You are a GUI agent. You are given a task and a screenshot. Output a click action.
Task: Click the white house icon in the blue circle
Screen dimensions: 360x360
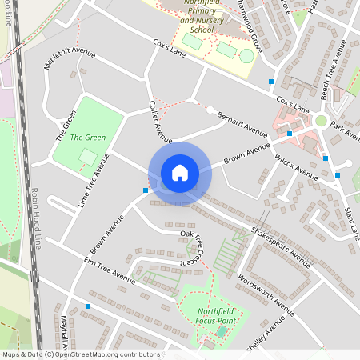pyautogui.click(x=179, y=172)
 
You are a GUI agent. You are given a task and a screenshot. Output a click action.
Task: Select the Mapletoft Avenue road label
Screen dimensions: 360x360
pyautogui.click(x=70, y=65)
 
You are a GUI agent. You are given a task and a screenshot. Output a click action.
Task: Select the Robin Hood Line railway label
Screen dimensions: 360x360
pyautogui.click(x=35, y=218)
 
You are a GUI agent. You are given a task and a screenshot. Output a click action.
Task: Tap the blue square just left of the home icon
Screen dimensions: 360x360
pyautogui.click(x=145, y=190)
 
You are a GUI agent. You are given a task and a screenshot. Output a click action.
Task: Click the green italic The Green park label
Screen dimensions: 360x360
pyautogui.click(x=88, y=138)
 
